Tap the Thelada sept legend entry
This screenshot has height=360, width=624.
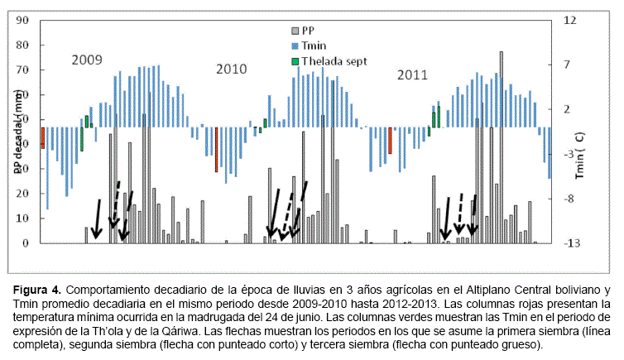tap(332, 60)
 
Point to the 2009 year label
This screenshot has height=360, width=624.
tap(86, 60)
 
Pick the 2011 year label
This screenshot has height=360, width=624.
tap(412, 74)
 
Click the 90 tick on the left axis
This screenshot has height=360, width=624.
tap(22, 19)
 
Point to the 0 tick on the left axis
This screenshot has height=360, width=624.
tap(26, 243)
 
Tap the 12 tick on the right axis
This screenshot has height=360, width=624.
tap(570, 19)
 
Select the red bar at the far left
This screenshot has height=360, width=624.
tap(42, 137)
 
